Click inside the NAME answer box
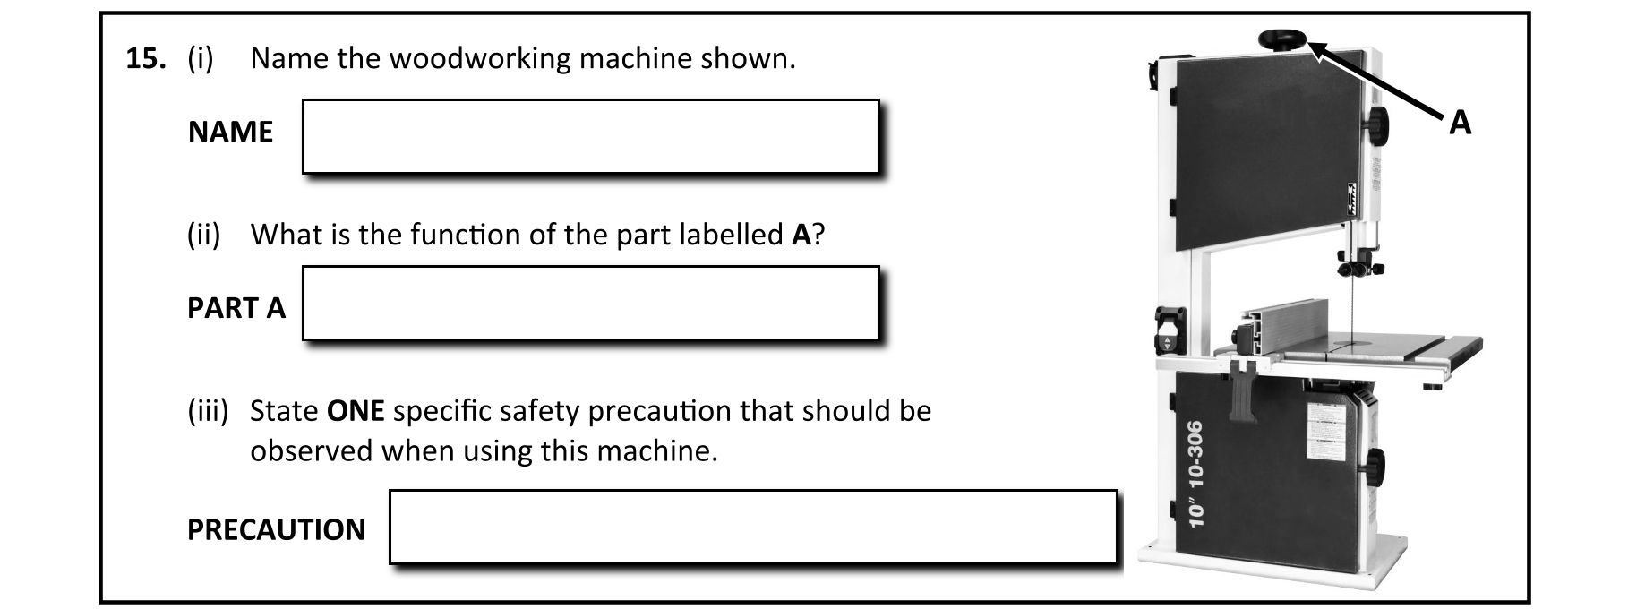point(589,136)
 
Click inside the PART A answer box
point(589,303)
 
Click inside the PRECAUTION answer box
point(752,526)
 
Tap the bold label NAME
point(230,133)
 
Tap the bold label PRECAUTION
point(276,530)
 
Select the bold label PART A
point(236,308)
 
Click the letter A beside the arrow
point(1460,123)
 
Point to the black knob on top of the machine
point(1282,39)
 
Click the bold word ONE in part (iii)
point(356,411)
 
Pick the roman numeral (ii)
point(203,235)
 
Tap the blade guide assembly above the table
point(1358,263)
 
